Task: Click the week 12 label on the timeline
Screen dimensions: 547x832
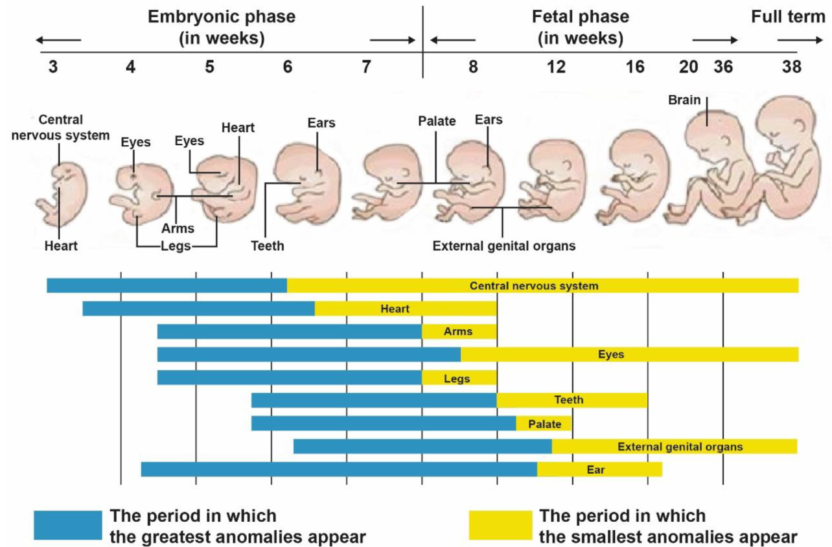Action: (555, 67)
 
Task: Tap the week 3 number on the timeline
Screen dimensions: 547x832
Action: (53, 67)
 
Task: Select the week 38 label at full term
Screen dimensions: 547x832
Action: (791, 67)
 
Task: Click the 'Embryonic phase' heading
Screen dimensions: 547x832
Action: (222, 17)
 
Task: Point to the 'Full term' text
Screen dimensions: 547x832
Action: (788, 17)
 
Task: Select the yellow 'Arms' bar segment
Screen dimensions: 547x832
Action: (459, 332)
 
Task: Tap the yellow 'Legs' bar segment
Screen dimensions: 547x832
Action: (459, 378)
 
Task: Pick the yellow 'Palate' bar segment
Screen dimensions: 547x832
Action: (544, 423)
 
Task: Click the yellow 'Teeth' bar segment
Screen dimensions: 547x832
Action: (572, 401)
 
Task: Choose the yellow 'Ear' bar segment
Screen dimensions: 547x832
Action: (599, 469)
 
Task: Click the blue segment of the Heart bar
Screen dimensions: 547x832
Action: (198, 308)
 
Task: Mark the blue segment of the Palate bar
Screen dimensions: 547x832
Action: (384, 423)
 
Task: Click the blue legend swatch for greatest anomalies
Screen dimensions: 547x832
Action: (68, 525)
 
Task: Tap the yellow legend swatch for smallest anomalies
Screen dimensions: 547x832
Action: (500, 525)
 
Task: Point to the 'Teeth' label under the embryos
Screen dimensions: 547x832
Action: (268, 246)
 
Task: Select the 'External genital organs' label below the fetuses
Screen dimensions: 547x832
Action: (504, 246)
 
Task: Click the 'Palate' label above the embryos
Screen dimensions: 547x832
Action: (437, 121)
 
